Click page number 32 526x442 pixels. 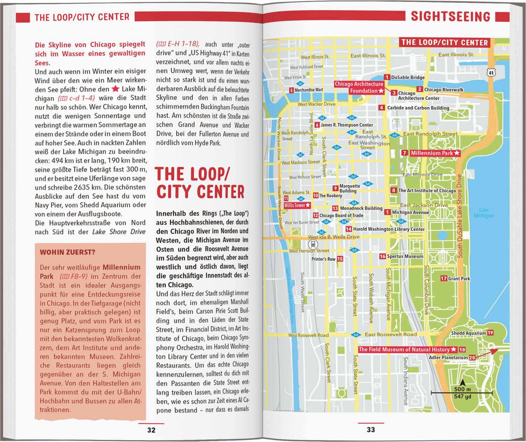(151, 430)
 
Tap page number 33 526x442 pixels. (371, 430)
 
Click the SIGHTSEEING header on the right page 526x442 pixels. (451, 16)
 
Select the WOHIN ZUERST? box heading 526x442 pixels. (67, 252)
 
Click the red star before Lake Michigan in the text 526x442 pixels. (115, 89)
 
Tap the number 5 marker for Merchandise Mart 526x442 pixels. (291, 90)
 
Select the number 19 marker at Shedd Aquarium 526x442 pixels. (490, 333)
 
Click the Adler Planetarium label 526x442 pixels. (448, 358)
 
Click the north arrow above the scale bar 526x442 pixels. (463, 383)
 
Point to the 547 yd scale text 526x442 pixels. (463, 396)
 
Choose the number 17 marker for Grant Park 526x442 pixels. (444, 278)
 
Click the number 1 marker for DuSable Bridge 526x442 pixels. (387, 77)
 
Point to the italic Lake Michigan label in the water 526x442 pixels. (484, 213)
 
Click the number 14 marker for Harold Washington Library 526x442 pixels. (349, 229)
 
